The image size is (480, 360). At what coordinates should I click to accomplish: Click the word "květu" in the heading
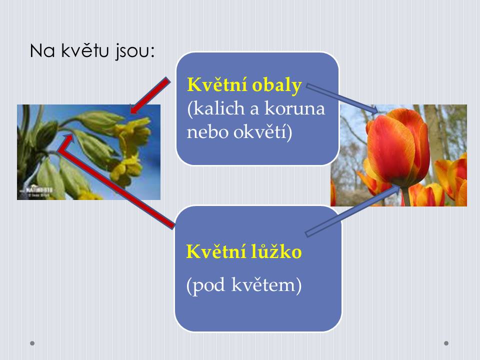85,50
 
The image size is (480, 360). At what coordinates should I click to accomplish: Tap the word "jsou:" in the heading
135,51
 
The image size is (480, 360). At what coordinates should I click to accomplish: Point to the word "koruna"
294,109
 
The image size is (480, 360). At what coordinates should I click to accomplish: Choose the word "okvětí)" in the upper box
262,132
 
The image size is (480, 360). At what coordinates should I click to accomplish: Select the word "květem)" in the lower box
266,285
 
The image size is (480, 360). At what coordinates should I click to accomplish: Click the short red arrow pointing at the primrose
149,95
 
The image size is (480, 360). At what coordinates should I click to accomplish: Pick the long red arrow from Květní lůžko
116,181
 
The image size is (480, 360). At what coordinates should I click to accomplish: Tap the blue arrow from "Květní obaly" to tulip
342,99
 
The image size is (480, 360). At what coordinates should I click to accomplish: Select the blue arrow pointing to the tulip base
352,211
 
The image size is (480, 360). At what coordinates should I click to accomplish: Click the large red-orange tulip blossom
398,147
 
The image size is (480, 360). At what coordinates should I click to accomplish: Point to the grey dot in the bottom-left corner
32,343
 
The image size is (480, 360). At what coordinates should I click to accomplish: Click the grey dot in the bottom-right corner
446,343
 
